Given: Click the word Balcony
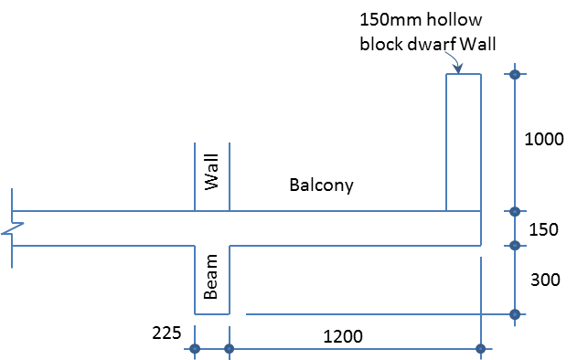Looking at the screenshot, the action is (321, 185).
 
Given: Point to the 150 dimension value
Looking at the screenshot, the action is (544, 229).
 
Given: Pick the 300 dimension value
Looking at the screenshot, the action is (545, 281).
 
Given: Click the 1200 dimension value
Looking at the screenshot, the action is (343, 336).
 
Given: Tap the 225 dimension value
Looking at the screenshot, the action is (167, 332).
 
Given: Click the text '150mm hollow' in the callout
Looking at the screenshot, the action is (421, 19).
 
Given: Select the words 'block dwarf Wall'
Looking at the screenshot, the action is (428, 43).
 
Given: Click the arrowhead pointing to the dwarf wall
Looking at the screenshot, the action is (456, 68).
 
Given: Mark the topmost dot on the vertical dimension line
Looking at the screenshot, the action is (515, 74).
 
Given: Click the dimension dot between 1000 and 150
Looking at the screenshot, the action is (515, 212).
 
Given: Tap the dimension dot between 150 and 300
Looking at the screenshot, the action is (515, 245).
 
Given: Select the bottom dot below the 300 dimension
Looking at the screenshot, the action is (515, 314).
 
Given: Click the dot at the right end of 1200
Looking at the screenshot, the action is (481, 348).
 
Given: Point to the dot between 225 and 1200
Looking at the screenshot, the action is (229, 348).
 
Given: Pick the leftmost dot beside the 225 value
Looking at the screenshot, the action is (195, 348).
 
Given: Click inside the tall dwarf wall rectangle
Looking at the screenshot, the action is (464, 142).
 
